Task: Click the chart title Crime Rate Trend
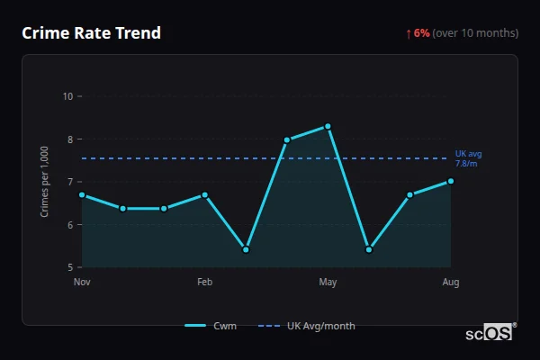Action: point(91,33)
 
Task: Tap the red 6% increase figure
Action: point(421,33)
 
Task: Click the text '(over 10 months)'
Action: point(475,33)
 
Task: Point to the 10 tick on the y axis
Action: point(68,96)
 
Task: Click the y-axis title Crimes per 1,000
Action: point(44,182)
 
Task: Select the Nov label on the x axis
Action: point(82,283)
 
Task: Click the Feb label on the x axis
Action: point(204,283)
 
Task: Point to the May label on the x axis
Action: point(328,283)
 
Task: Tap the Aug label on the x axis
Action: point(451,283)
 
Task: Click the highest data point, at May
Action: point(328,126)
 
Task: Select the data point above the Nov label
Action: point(82,194)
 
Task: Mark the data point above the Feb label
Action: point(204,194)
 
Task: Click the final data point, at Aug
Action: point(451,181)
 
